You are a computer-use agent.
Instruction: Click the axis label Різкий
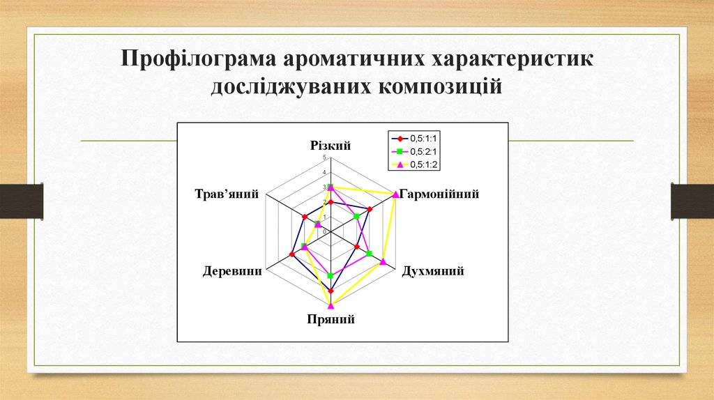[331, 145]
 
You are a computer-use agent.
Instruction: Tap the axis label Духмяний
[433, 271]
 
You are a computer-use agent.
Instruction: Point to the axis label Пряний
[331, 320]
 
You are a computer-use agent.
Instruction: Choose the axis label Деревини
[232, 271]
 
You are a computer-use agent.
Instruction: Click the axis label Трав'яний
[227, 194]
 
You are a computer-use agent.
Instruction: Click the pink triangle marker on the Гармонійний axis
[396, 195]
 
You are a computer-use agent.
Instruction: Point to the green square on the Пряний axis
[331, 277]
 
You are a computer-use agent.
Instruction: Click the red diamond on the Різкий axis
[331, 202]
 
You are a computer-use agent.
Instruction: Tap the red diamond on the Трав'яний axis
[304, 217]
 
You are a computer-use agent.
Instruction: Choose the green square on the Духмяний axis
[370, 254]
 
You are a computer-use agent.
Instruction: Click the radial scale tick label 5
[324, 157]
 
